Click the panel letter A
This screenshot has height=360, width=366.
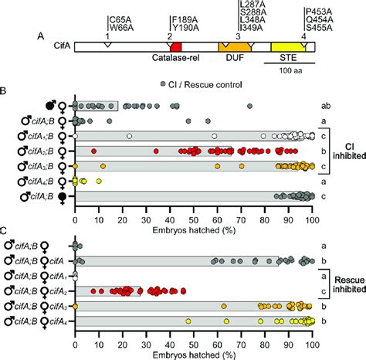pos(40,35)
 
